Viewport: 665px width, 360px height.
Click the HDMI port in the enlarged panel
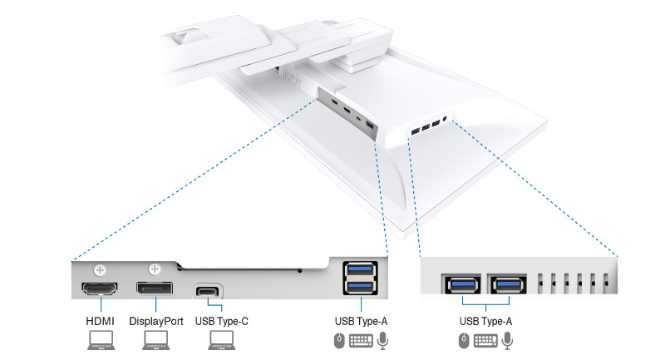coord(99,291)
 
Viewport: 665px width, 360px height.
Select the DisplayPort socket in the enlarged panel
coord(155,291)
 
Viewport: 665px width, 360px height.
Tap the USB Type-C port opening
coord(209,292)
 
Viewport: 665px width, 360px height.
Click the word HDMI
coord(99,321)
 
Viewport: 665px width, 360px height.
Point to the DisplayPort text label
coord(156,321)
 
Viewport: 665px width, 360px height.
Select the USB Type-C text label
coord(220,321)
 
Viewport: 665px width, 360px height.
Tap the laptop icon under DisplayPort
coord(155,339)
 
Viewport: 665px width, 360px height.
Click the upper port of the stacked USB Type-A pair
coord(359,271)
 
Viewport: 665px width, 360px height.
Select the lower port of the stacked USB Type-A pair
coord(359,287)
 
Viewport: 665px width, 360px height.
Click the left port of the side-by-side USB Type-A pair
coord(462,284)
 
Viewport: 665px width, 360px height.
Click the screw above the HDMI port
coord(100,269)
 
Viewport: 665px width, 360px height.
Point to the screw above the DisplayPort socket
coord(155,269)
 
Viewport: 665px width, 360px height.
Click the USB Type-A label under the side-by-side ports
coord(485,321)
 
